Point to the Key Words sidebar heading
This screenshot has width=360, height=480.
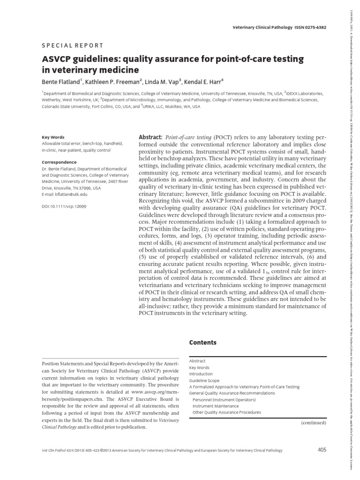click(x=53, y=137)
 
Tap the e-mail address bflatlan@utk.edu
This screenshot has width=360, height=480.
click(x=65, y=194)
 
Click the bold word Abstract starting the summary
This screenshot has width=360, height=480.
click(x=150, y=136)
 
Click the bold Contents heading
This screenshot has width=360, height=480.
click(x=202, y=343)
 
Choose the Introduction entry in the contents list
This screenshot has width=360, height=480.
click(x=201, y=374)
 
